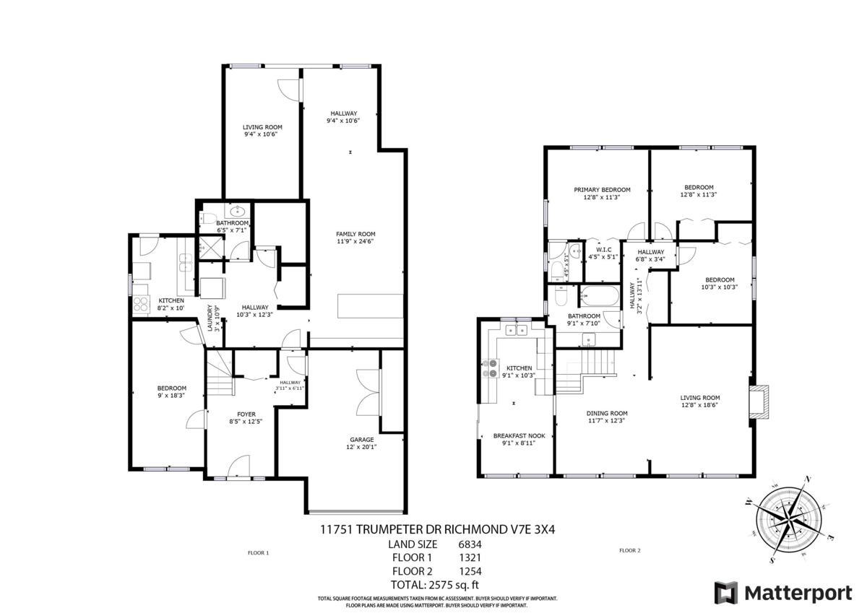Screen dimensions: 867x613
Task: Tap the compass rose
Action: click(x=789, y=519)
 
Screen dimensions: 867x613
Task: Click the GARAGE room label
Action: click(x=361, y=440)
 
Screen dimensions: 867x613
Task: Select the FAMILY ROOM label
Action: click(x=355, y=234)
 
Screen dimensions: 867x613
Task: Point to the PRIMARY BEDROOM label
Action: click(x=602, y=190)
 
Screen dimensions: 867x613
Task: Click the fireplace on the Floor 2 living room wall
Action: click(x=759, y=401)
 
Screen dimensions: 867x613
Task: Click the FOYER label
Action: click(x=246, y=414)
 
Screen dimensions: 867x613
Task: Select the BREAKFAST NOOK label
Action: click(x=519, y=436)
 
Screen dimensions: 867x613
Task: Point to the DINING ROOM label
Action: click(x=606, y=413)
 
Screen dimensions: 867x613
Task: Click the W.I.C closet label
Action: click(x=603, y=249)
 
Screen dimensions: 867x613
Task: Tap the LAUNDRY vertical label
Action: click(x=210, y=318)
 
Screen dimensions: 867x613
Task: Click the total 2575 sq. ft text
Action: click(x=435, y=584)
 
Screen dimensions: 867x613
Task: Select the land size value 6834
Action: click(x=470, y=544)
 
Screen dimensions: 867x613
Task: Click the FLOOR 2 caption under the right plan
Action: click(x=630, y=550)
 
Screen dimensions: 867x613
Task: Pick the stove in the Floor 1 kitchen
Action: click(x=142, y=304)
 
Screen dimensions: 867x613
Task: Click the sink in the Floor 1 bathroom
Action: click(x=236, y=211)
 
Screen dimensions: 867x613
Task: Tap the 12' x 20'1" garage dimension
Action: click(x=361, y=447)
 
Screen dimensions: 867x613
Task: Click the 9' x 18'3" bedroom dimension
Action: click(x=171, y=395)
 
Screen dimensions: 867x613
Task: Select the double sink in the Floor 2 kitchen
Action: click(x=517, y=330)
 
